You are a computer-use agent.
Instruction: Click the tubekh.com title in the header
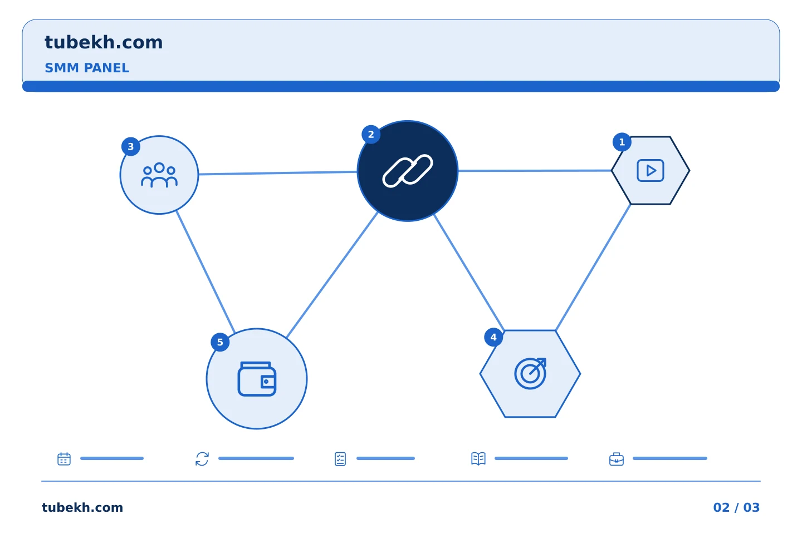[x=104, y=42]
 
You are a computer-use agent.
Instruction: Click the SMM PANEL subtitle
[x=87, y=68]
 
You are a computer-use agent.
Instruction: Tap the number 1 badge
[x=622, y=142]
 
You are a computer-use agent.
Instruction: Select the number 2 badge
[x=371, y=135]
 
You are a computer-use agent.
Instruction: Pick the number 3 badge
[x=131, y=146]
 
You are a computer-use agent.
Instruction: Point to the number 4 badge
[x=493, y=337]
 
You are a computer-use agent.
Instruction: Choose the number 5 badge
[x=220, y=342]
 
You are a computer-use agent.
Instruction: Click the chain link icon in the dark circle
[x=408, y=171]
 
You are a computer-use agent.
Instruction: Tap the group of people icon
[x=159, y=175]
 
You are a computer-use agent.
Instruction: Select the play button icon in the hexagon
[x=651, y=171]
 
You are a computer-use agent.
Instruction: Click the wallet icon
[x=257, y=379]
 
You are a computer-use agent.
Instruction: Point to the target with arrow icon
[x=531, y=373]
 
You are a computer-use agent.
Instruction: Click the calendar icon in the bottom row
[x=64, y=458]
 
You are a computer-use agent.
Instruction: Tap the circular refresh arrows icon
[x=202, y=458]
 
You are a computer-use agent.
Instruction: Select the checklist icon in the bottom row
[x=340, y=459]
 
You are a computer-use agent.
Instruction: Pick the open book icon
[x=478, y=458]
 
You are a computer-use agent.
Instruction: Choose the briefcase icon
[x=617, y=459]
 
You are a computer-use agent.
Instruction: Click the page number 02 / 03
[x=736, y=507]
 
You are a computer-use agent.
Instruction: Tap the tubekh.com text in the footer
[x=82, y=507]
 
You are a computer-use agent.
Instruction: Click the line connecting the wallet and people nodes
[x=206, y=272]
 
